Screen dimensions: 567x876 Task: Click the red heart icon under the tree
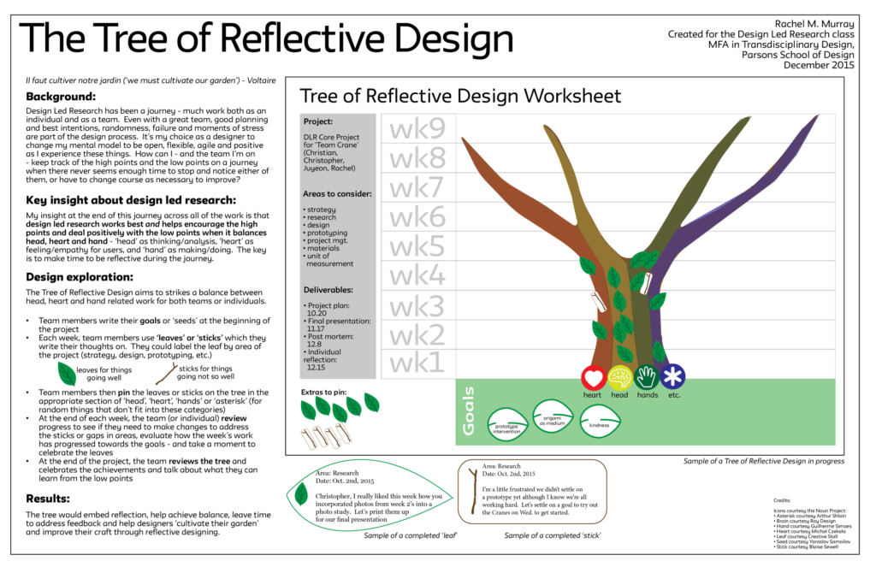pos(594,377)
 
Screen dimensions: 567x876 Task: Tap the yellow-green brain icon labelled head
pos(620,377)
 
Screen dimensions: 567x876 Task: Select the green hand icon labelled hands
pos(648,377)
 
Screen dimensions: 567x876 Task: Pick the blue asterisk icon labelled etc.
pos(674,377)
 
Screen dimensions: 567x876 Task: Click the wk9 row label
pos(417,128)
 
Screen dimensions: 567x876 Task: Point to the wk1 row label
pos(417,363)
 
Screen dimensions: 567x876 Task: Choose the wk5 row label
pos(417,245)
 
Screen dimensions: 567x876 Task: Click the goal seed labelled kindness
pos(606,419)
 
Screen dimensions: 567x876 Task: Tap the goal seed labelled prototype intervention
pos(506,423)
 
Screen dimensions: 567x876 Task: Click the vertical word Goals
pos(470,413)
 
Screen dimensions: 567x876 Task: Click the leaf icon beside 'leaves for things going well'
pos(67,373)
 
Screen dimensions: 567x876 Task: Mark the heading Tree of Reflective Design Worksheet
pos(460,95)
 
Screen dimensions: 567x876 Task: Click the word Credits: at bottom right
pos(783,499)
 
